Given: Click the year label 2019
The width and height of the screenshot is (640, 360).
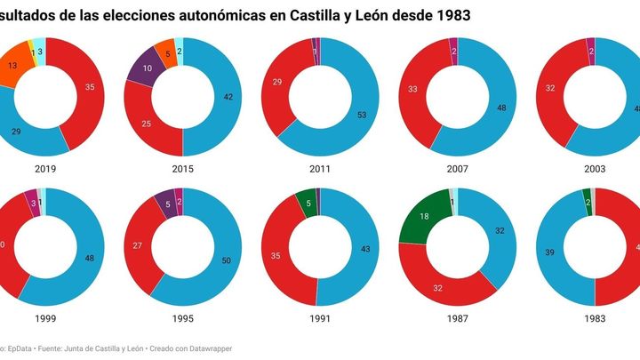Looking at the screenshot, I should click(x=45, y=166).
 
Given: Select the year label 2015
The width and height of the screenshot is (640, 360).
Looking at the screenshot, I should click(x=182, y=166).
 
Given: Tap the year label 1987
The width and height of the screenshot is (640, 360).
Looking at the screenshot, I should click(x=457, y=316).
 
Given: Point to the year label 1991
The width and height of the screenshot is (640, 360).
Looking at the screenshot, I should click(x=320, y=316).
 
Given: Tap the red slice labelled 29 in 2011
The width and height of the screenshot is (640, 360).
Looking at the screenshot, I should click(x=278, y=82).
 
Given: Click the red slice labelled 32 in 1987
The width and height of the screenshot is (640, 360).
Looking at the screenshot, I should click(x=436, y=286).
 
